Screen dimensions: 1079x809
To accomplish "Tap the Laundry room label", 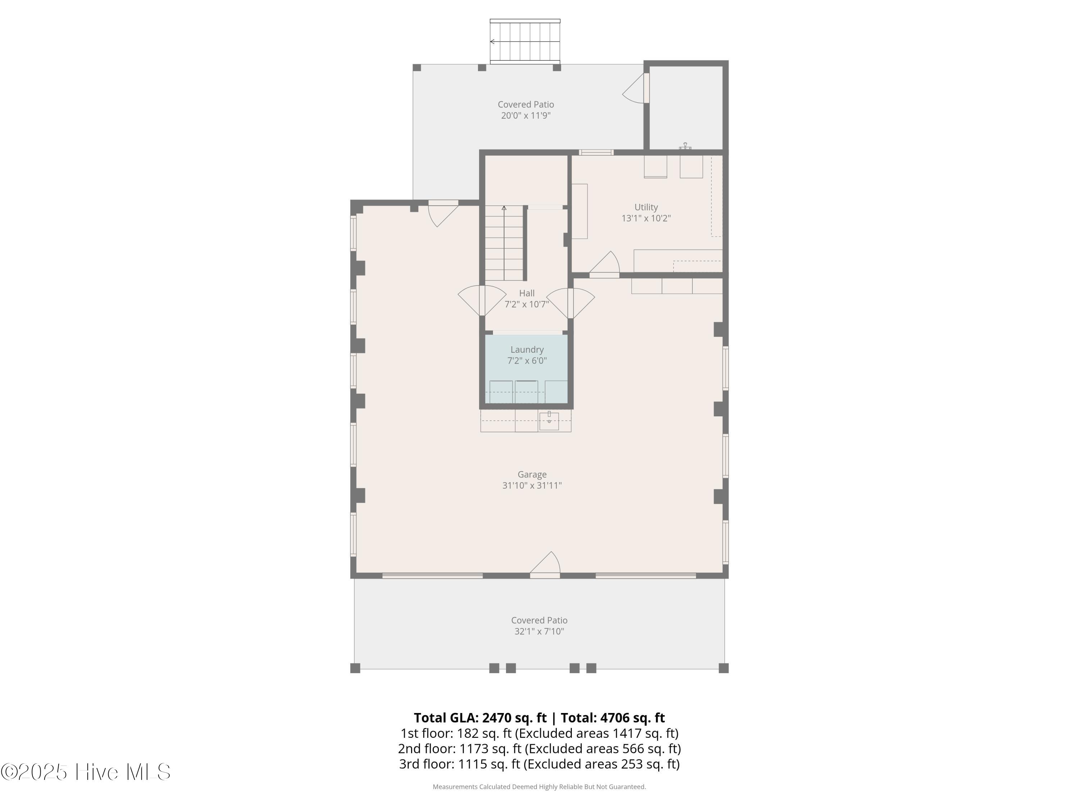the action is (x=527, y=349).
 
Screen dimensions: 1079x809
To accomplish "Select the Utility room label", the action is (x=646, y=207).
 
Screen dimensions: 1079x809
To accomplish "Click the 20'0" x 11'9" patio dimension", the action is (x=526, y=115).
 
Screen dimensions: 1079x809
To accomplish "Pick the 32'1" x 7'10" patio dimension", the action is (x=539, y=631).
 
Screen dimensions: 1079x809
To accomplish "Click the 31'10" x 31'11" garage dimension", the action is (x=532, y=485).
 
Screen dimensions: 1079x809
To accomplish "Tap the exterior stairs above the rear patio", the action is (x=525, y=41).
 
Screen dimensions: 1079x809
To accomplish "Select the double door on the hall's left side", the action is (x=482, y=300).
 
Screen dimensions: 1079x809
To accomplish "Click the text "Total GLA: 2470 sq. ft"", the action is (x=480, y=717).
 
